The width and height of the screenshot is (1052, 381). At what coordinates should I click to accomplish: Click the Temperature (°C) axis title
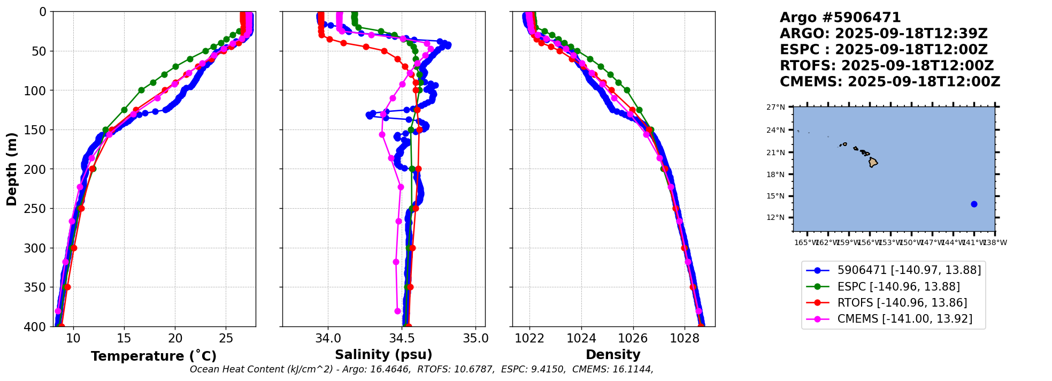[x=153, y=356]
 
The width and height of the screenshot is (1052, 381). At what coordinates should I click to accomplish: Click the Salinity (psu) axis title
[x=383, y=355]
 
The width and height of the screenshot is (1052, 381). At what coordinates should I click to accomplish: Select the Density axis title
[x=613, y=355]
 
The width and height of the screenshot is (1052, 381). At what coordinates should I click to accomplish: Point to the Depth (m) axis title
[x=12, y=169]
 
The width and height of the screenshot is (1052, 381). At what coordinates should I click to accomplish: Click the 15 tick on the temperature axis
[x=124, y=338]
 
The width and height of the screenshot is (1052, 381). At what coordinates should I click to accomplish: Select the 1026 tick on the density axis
[x=633, y=338]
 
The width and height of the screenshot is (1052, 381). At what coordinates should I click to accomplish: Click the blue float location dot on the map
[x=974, y=204]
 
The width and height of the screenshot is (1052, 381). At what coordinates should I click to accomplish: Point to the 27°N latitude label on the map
[x=775, y=107]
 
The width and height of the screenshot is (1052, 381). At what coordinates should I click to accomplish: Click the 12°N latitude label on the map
[x=775, y=217]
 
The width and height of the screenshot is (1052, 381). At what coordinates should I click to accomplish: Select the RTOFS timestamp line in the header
[x=886, y=66]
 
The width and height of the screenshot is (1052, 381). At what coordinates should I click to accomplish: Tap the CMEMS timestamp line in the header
[x=889, y=82]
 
